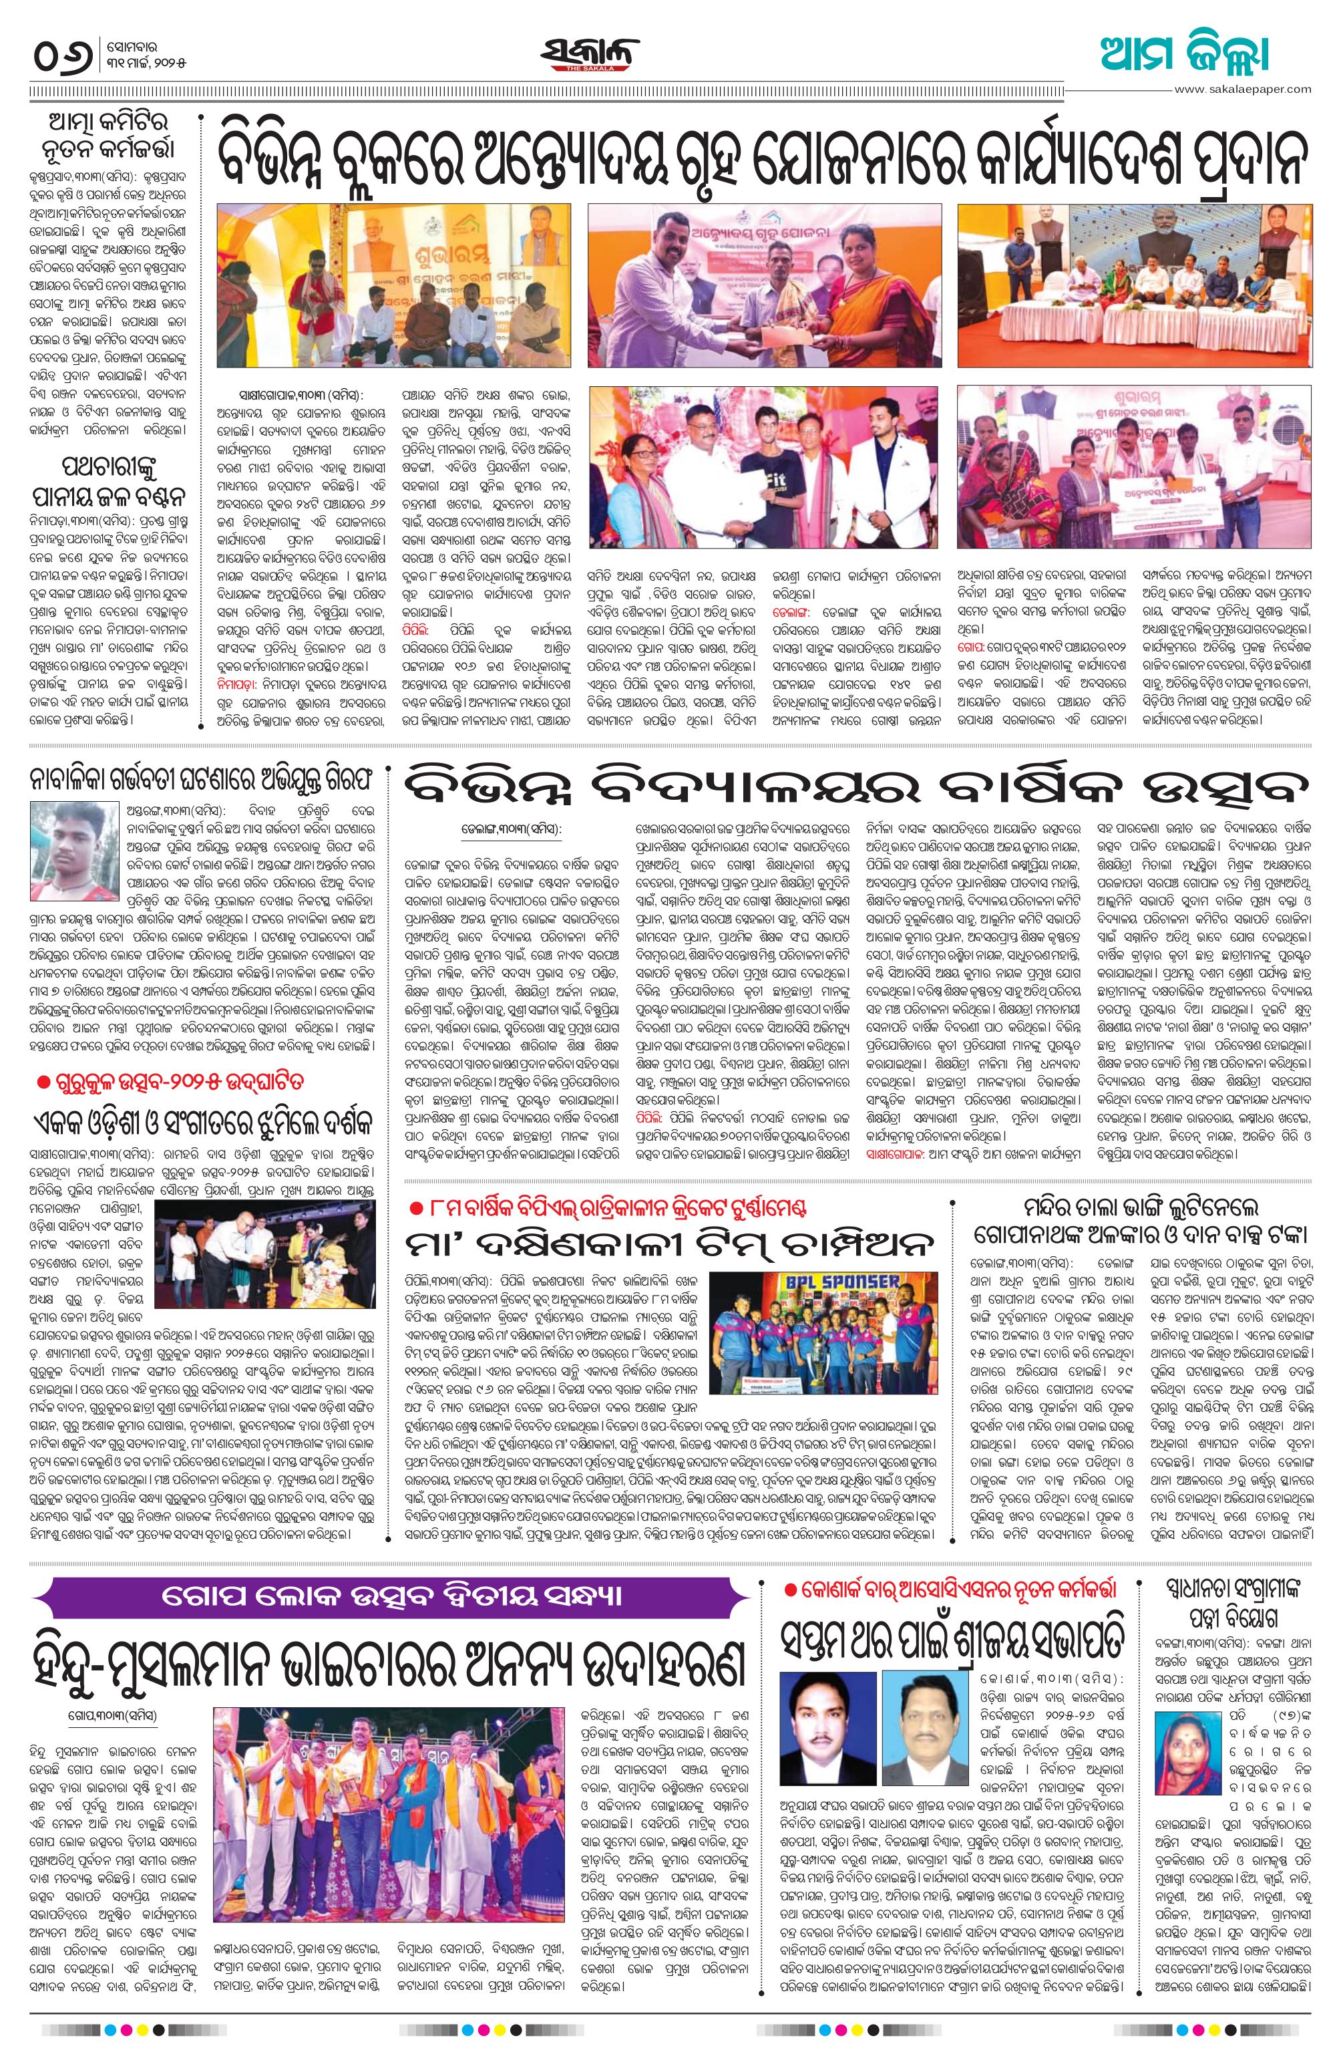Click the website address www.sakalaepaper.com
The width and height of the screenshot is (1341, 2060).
point(1242,88)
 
